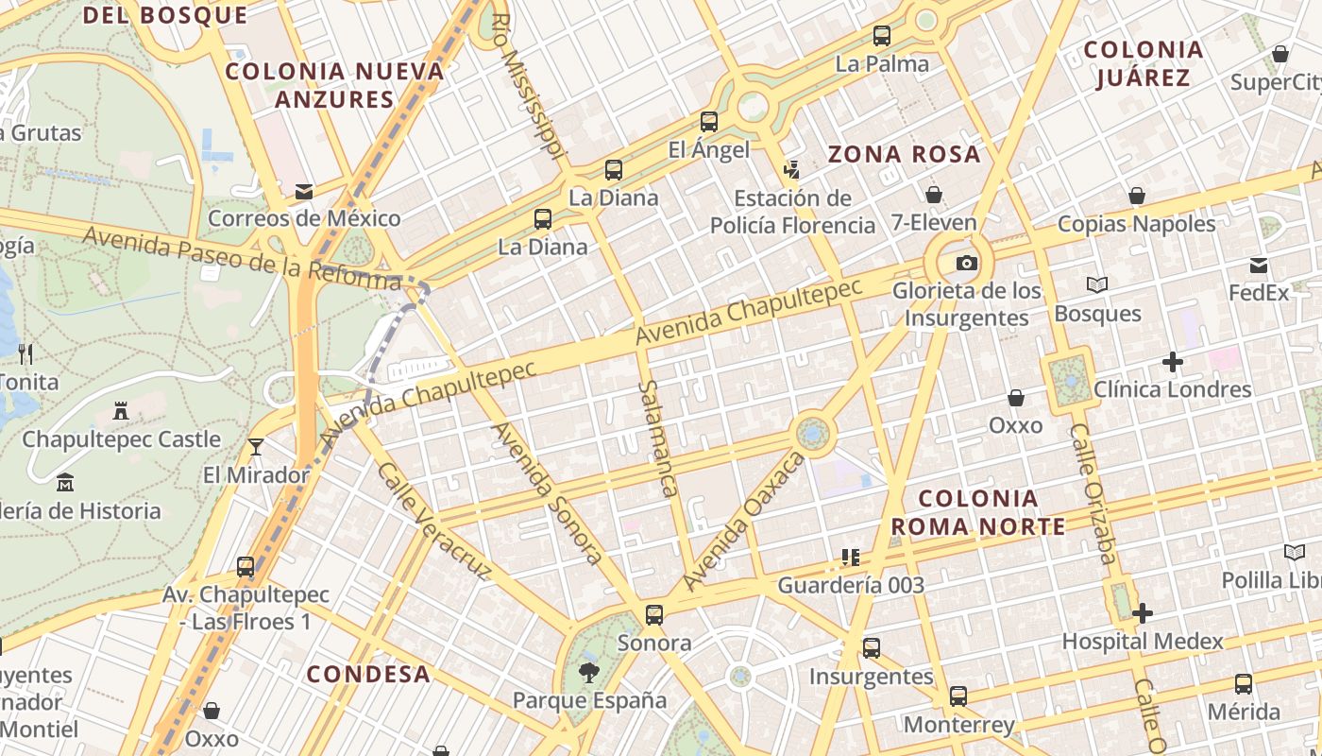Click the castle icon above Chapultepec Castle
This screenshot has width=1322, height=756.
coord(121,411)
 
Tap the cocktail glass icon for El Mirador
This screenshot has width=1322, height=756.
coord(255,446)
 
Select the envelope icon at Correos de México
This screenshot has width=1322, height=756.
coord(303,192)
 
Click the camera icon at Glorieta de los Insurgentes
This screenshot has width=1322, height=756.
coord(966,264)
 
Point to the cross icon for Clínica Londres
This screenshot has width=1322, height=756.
coord(1173,361)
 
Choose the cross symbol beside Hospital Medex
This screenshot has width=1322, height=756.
coord(1143,613)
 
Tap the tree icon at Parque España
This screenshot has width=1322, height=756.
coord(589,673)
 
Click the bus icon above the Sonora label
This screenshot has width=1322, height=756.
coord(654,615)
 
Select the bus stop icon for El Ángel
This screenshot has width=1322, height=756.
coord(709,122)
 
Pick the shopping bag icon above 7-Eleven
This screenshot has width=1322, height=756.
coord(934,195)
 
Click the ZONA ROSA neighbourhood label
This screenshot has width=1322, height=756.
coord(904,154)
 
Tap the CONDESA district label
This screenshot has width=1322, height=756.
coord(368,674)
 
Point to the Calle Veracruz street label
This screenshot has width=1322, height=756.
coord(434,521)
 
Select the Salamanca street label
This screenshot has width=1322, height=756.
coord(658,438)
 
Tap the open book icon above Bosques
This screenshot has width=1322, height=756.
coord(1096,284)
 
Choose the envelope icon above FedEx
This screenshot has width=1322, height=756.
coord(1259,265)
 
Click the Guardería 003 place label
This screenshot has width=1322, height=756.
coord(851,585)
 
